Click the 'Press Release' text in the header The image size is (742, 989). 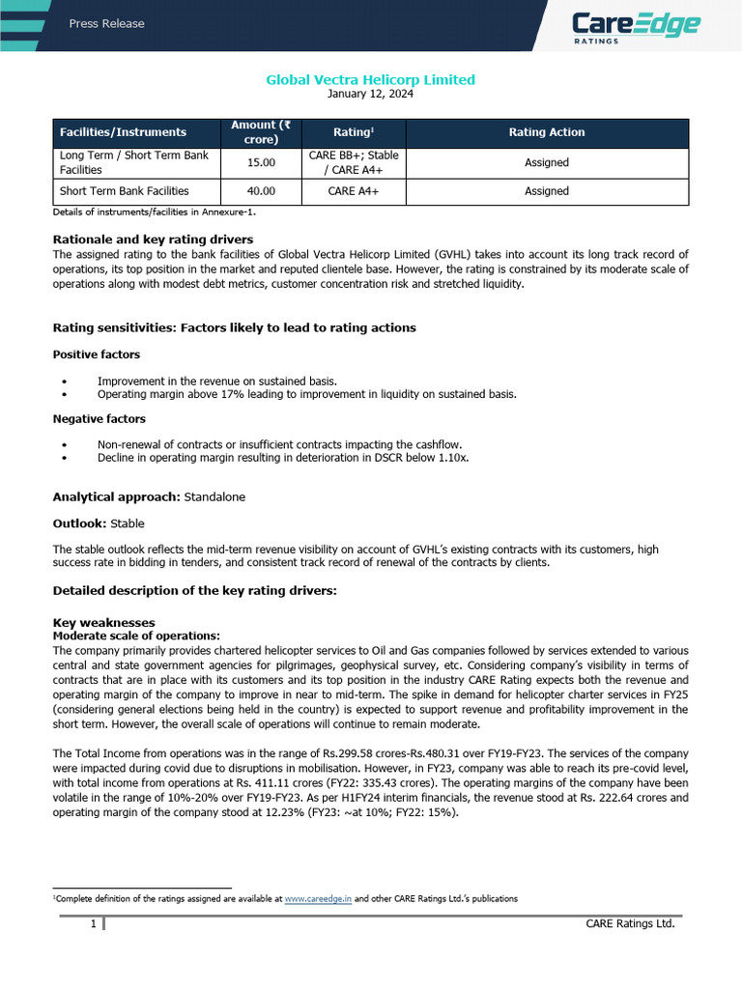pos(106,23)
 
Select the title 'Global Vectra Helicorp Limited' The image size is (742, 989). pos(370,79)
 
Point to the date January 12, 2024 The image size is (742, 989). pos(370,94)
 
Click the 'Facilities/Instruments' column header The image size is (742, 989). pos(123,132)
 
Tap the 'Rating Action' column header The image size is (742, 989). pos(547,132)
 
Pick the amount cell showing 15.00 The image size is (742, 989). pos(261,162)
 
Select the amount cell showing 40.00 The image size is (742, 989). pos(261,191)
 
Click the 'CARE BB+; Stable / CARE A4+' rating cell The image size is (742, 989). pos(353,162)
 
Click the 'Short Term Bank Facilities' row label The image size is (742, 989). pos(125,191)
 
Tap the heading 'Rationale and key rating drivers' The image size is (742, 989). pos(153,240)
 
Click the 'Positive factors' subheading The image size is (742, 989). pos(96,354)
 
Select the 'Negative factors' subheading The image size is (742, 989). pos(99,419)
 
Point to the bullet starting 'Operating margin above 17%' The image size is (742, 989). pos(306,394)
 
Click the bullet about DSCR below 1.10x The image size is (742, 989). pos(283,458)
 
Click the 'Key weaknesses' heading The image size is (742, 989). pos(103,623)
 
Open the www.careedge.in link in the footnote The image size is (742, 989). pos(318,898)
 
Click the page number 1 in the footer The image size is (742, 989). pos(93,924)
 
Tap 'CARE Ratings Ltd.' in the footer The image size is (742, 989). pos(630,924)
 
